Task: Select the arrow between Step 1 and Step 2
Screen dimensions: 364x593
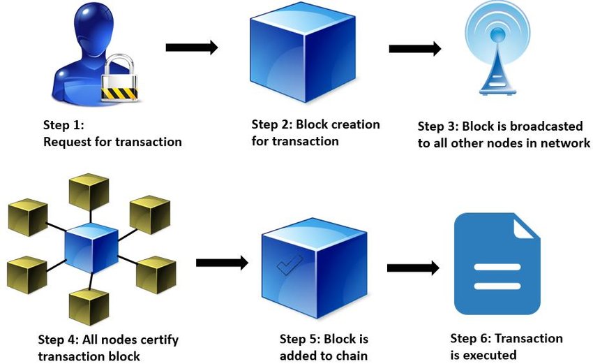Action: click(191, 48)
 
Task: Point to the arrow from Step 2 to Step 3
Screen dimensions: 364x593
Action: click(414, 49)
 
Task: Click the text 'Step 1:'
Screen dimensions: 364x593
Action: click(63, 126)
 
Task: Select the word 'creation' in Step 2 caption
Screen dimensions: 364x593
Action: click(356, 125)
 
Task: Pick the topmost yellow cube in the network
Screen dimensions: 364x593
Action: click(89, 192)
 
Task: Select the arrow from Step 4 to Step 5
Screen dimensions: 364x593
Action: click(222, 263)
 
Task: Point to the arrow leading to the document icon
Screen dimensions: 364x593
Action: click(412, 268)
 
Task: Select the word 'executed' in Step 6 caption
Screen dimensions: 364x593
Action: click(492, 356)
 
